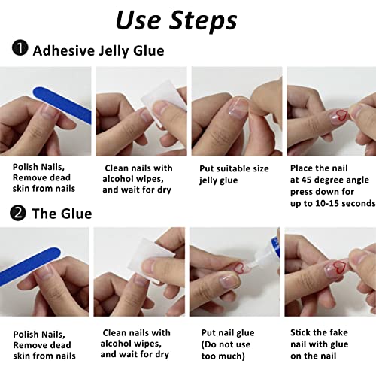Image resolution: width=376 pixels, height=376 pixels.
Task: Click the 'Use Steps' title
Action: coord(176,20)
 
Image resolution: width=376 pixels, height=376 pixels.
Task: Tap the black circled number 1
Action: coord(20,47)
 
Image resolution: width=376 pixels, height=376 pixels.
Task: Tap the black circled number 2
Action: coord(18,213)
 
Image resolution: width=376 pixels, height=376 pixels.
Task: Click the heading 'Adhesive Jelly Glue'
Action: coord(99,51)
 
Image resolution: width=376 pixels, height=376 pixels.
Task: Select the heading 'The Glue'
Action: coord(62,214)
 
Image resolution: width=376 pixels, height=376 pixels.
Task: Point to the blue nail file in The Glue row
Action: coord(30,266)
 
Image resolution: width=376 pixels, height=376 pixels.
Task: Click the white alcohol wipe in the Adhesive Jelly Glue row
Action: coord(164,103)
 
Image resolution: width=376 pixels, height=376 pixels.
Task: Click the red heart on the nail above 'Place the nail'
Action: coord(341,115)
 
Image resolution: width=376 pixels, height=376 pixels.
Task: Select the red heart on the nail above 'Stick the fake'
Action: coord(340,268)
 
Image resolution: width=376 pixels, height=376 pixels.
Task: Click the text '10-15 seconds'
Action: coord(345,203)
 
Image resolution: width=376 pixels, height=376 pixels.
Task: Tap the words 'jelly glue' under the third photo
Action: coord(218,180)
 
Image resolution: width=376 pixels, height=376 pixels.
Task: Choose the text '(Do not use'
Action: coord(226,344)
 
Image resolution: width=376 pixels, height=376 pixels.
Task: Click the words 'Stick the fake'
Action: coord(319,332)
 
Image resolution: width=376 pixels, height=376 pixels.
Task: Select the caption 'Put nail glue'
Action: coord(228,332)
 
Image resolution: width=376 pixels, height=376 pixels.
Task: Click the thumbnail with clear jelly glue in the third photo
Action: coord(238,108)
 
